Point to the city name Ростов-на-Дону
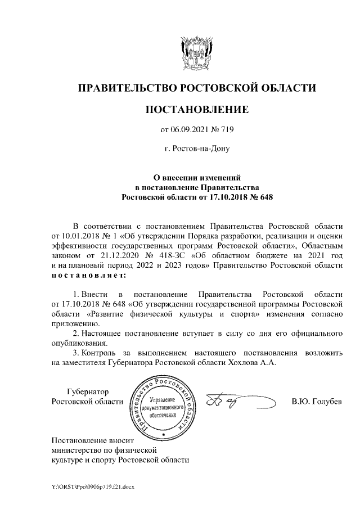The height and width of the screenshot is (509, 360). pos(196,149)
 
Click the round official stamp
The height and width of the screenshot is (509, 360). pos(163,407)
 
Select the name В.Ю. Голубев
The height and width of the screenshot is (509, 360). pos(316,402)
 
